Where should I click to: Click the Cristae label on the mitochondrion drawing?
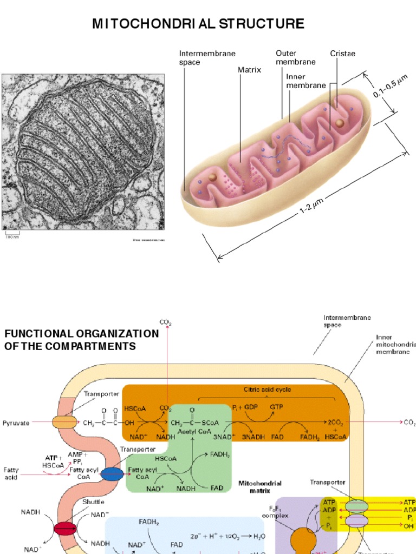point(342,54)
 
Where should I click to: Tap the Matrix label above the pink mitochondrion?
point(249,70)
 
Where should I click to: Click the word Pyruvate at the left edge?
point(17,422)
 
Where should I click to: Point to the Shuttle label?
point(93,502)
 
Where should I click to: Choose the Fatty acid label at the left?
point(11,474)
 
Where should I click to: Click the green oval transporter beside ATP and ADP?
point(355,506)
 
